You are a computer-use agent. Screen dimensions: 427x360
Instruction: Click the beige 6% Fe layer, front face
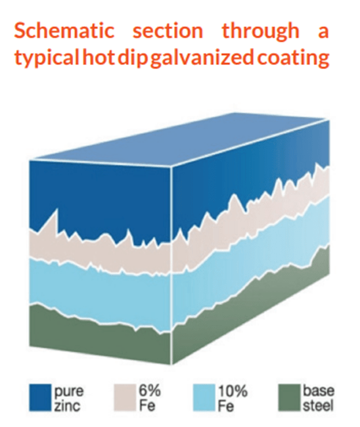tap(99, 253)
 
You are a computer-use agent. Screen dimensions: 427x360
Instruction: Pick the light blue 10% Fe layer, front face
tap(99, 289)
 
